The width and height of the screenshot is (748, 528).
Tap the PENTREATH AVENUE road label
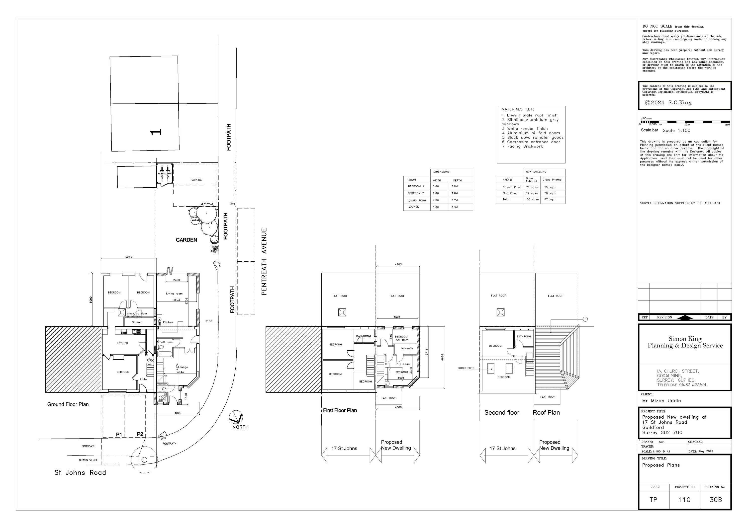tap(264, 262)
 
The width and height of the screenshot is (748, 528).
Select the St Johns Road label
tap(80, 473)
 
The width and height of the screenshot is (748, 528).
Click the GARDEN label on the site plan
tap(186, 240)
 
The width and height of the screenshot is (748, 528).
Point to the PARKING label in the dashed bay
tap(196, 180)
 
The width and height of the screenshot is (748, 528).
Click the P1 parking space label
tap(119, 435)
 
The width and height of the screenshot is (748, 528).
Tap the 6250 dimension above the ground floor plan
tap(129, 257)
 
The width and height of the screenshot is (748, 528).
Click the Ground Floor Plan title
tap(68, 404)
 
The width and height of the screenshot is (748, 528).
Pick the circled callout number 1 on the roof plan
tap(585, 319)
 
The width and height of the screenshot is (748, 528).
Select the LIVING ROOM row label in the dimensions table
tap(417, 201)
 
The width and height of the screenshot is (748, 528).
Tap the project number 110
tap(684, 499)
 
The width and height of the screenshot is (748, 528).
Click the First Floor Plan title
tap(340, 410)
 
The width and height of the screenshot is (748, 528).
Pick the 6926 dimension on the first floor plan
tap(442, 357)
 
